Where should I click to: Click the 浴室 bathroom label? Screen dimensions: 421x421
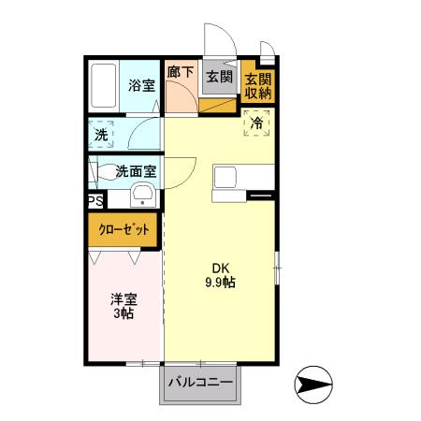pyautogui.click(x=141, y=83)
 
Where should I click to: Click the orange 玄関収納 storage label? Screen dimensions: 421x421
pyautogui.click(x=257, y=84)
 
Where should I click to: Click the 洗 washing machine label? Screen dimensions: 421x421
pyautogui.click(x=101, y=134)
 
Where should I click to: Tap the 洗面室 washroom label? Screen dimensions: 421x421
pyautogui.click(x=135, y=171)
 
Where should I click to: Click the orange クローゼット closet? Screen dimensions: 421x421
pyautogui.click(x=124, y=229)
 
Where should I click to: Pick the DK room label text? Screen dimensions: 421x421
pyautogui.click(x=220, y=266)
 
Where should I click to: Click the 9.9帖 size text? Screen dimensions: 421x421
pyautogui.click(x=220, y=282)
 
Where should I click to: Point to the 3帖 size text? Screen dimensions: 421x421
pyautogui.click(x=123, y=315)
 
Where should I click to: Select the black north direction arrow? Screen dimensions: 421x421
pyautogui.click(x=314, y=383)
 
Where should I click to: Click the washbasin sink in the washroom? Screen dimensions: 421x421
pyautogui.click(x=143, y=195)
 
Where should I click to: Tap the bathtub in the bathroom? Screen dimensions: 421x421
pyautogui.click(x=104, y=86)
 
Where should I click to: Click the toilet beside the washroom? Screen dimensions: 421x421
pyautogui.click(x=94, y=172)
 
